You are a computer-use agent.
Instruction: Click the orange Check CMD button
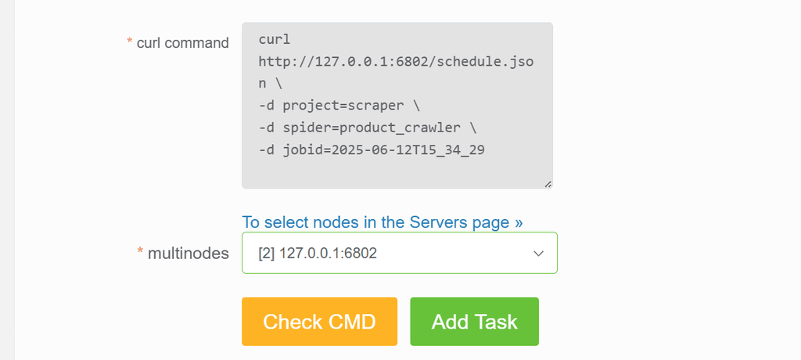319,322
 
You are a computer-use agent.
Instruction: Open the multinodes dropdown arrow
538,253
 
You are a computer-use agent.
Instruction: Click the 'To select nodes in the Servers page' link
382,222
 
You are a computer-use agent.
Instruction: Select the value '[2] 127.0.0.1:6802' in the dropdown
318,253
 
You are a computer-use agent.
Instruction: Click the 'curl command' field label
182,43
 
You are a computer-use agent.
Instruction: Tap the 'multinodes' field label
188,253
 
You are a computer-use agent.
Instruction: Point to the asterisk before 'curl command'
129,41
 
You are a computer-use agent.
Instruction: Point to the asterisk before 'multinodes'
140,250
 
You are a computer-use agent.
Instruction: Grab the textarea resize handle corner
548,184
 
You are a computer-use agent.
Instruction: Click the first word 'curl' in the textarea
275,39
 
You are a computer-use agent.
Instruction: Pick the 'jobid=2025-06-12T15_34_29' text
383,149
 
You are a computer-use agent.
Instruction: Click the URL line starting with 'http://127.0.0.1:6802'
396,62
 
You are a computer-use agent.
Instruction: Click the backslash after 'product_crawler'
472,128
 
